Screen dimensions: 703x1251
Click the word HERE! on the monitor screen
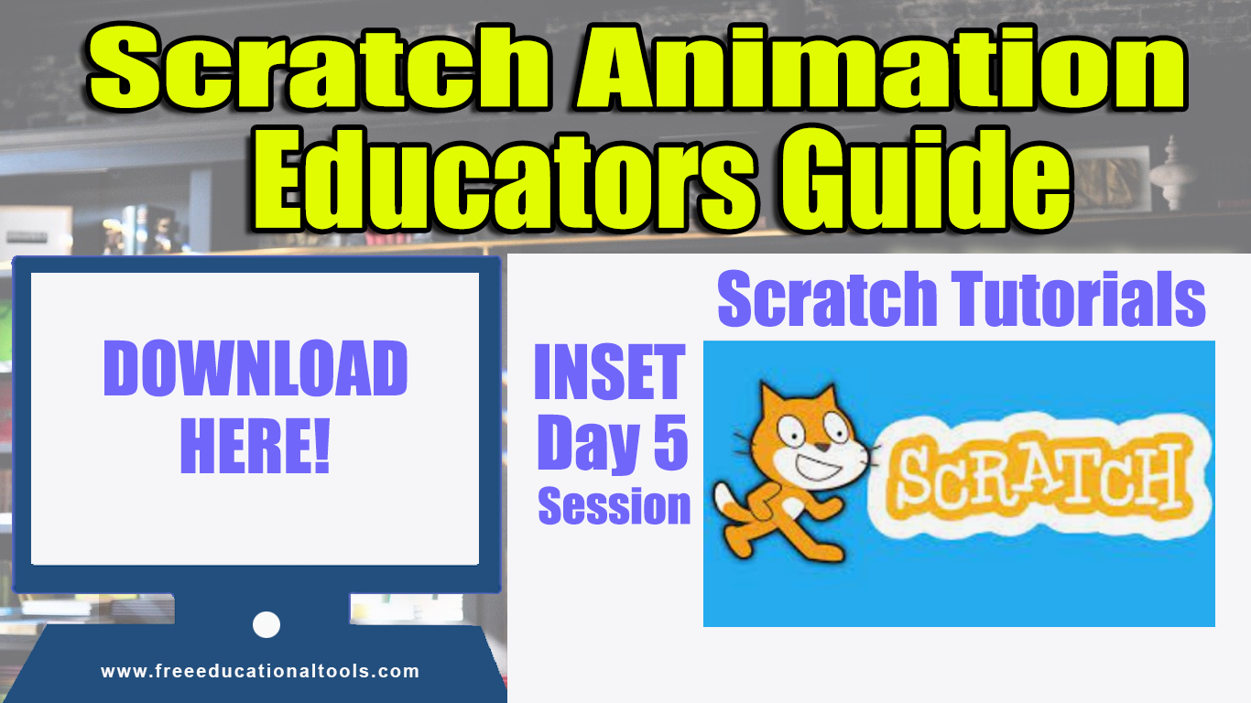tap(256, 446)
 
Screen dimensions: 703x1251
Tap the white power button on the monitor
tap(267, 625)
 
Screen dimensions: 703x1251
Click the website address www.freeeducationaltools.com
tap(260, 671)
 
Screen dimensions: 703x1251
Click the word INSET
tap(609, 373)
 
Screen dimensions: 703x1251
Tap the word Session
tap(614, 505)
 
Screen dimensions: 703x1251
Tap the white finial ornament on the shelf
tap(1168, 169)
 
